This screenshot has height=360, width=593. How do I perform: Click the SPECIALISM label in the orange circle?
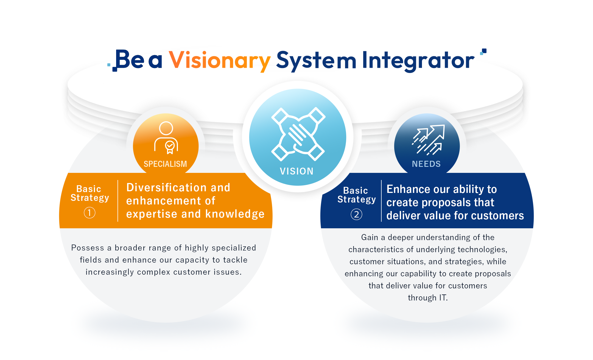pyautogui.click(x=165, y=164)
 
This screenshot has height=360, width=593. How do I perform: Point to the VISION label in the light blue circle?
pyautogui.click(x=297, y=171)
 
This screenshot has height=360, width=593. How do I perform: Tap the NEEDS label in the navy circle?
pyautogui.click(x=426, y=164)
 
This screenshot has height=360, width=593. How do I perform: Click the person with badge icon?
pyautogui.click(x=166, y=137)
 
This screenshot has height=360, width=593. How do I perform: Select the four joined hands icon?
pyautogui.click(x=298, y=134)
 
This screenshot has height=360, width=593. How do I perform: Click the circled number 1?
pyautogui.click(x=89, y=213)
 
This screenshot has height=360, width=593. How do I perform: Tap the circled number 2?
pyautogui.click(x=356, y=214)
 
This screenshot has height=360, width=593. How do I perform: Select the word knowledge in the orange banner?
pyautogui.click(x=235, y=214)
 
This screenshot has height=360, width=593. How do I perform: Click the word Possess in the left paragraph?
pyautogui.click(x=88, y=248)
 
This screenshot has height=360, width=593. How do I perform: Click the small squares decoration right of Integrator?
pyautogui.click(x=483, y=52)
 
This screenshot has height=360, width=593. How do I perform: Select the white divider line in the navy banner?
pyautogui.click(x=381, y=201)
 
